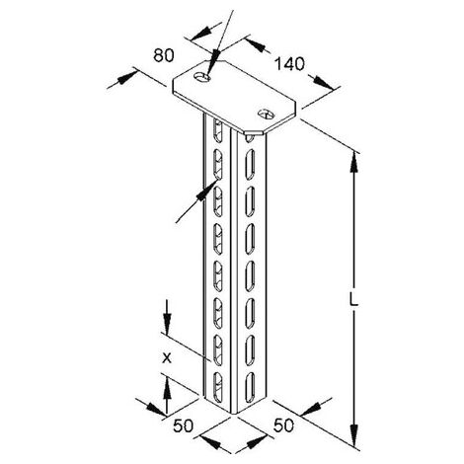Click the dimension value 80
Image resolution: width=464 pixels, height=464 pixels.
point(164,55)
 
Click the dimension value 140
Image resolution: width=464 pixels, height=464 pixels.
point(289,64)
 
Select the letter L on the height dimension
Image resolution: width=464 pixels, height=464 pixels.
point(353,300)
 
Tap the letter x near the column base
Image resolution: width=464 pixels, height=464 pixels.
point(167,358)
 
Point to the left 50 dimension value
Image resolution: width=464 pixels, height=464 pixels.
point(183,425)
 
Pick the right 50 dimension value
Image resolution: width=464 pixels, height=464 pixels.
point(283,425)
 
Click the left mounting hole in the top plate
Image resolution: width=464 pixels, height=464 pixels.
point(202,77)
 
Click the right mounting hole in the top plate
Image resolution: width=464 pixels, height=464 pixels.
point(266,114)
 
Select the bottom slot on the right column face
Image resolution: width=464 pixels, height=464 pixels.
point(250,387)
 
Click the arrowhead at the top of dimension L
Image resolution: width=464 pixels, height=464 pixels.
point(353,162)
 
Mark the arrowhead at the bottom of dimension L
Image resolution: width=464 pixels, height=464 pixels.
point(353,434)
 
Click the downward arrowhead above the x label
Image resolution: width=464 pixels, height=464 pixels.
point(167,325)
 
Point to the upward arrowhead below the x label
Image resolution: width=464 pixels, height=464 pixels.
point(167,387)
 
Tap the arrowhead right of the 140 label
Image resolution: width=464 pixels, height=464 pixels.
point(324,82)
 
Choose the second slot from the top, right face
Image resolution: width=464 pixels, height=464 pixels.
point(250,165)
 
